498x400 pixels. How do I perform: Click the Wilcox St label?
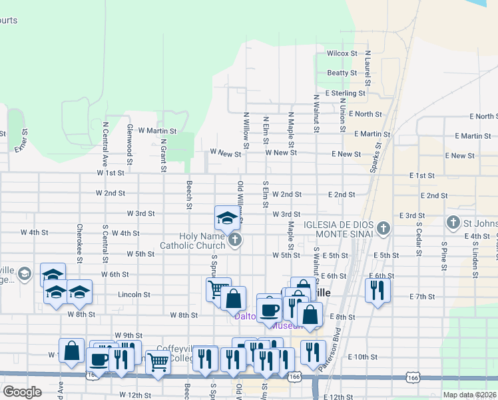tap(342, 53)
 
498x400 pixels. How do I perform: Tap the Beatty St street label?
tap(342, 73)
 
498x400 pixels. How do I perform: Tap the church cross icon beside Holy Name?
tap(234, 239)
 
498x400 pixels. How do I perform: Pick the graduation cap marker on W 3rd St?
tap(226, 218)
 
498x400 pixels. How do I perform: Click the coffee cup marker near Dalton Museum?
tap(269, 310)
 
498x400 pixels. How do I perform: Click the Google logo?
tap(23, 392)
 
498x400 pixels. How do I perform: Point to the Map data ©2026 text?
tap(468, 395)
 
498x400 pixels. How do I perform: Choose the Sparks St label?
tap(379, 152)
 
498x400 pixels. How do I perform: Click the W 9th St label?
tap(128, 335)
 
